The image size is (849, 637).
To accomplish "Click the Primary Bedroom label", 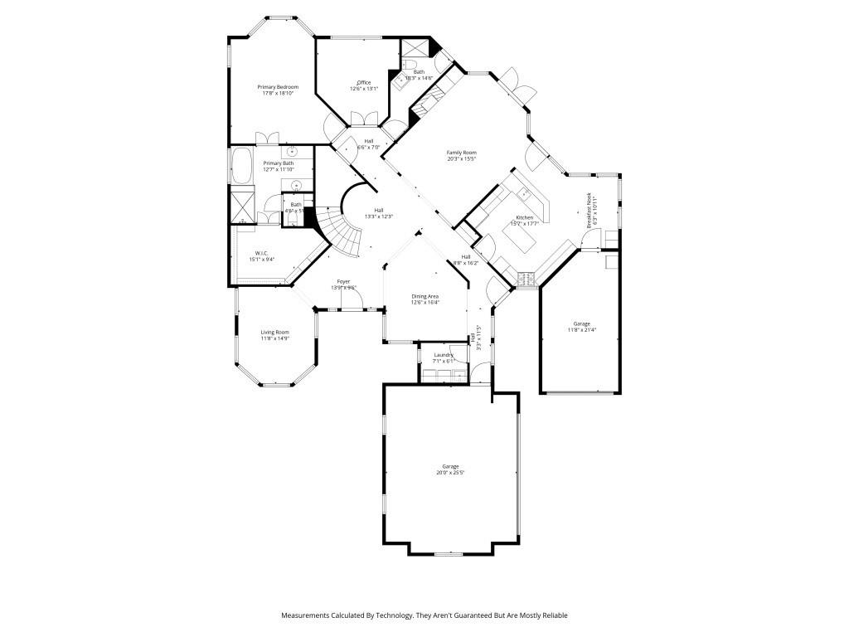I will tap(277, 87).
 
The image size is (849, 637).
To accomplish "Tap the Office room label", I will tap(364, 82).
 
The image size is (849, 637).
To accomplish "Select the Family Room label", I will tap(462, 153).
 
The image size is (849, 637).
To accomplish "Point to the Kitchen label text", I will tap(524, 217).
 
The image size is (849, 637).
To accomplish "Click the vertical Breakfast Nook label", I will tap(589, 211).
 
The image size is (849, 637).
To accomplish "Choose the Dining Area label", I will tap(425, 296).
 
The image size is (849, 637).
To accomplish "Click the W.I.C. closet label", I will tap(261, 252).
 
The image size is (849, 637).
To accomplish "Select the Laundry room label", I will tap(444, 355).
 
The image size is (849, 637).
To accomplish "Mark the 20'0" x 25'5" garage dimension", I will tap(450, 473).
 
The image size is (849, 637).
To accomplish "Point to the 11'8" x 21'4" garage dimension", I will tap(581, 329).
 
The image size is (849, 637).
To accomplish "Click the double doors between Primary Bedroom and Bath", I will tap(267, 138).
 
